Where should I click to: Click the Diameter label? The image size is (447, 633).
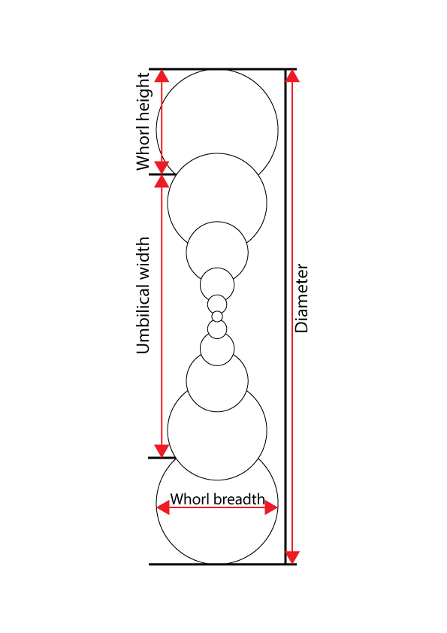click(x=302, y=298)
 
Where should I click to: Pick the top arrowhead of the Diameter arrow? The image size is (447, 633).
click(x=292, y=76)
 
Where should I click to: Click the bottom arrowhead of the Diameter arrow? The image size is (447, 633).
click(x=292, y=556)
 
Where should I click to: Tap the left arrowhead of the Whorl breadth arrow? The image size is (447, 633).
click(x=163, y=508)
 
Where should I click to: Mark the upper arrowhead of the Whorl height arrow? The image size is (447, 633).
click(x=162, y=76)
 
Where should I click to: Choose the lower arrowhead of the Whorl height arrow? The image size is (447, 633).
click(x=162, y=166)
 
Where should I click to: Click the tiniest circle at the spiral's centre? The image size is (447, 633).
click(x=217, y=316)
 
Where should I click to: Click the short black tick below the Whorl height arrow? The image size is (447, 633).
click(x=160, y=174)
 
